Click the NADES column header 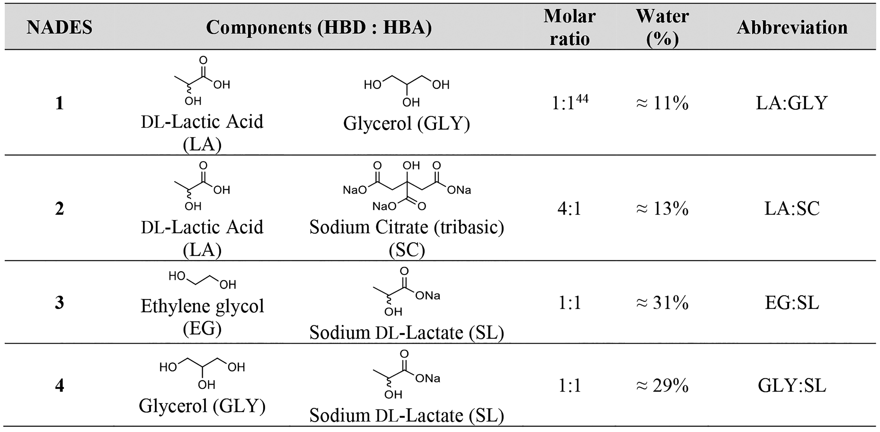tap(59, 27)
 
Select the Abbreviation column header tap(792, 27)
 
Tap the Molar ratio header tap(569, 27)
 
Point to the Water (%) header tap(662, 27)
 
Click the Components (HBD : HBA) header tap(319, 27)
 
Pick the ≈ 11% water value tap(662, 103)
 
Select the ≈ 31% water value tap(662, 303)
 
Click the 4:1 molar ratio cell tap(569, 208)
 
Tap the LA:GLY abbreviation tap(792, 103)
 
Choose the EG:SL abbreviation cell tap(792, 303)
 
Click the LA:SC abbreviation tap(792, 208)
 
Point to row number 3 tap(59, 303)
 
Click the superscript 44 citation tap(582, 99)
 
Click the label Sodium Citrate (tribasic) tap(407, 227)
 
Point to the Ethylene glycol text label tap(202, 306)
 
